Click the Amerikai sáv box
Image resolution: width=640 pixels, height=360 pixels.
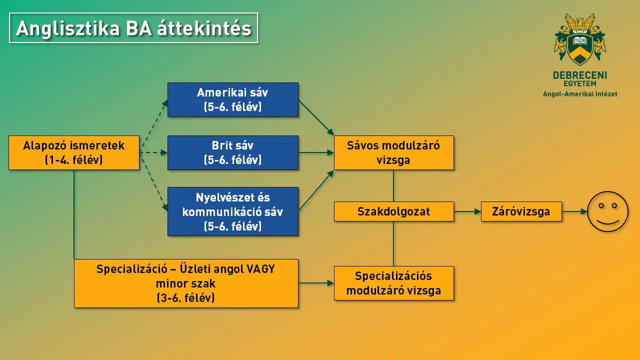[232, 99]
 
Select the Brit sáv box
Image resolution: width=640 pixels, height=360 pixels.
[232, 152]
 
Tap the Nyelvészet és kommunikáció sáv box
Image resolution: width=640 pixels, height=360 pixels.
[232, 211]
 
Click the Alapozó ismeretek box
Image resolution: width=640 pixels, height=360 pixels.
[74, 152]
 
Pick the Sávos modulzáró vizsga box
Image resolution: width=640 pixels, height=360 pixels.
[393, 152]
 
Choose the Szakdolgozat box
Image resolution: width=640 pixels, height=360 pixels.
[393, 211]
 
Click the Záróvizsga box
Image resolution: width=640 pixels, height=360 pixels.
[521, 211]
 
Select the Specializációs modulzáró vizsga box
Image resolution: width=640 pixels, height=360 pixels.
[393, 283]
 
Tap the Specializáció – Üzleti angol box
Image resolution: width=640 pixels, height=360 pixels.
[186, 283]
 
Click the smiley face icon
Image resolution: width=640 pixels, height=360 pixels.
[607, 211]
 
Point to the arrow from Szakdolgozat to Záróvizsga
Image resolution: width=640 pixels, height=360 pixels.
[467, 211]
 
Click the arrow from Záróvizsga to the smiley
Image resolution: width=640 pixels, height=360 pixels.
[574, 211]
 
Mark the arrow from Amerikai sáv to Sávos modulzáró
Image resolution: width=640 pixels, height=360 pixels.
[316, 117]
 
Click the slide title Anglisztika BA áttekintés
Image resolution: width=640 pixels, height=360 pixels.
[133, 28]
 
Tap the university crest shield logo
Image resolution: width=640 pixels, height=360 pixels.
[580, 46]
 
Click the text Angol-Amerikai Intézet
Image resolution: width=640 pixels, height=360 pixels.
[580, 94]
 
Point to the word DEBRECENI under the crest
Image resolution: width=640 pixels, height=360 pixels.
[580, 75]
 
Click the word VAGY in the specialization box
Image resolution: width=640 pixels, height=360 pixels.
[261, 269]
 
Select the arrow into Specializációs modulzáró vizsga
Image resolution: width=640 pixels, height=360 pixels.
[316, 283]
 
